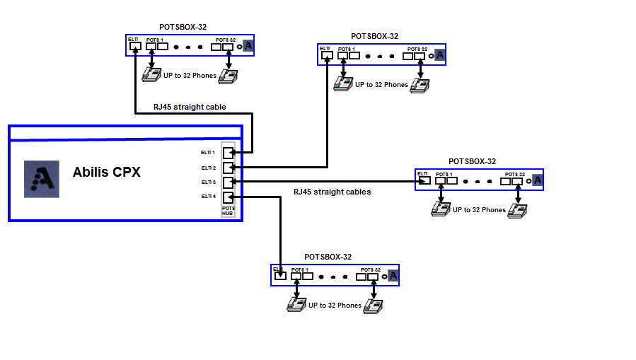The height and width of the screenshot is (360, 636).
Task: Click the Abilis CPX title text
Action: (x=106, y=172)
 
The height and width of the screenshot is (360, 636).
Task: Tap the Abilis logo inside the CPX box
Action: (x=41, y=178)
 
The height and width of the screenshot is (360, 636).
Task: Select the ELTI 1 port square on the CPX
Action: (x=228, y=153)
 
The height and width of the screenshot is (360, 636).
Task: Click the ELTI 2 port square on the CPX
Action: (x=228, y=168)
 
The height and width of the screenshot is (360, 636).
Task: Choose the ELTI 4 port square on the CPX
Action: (x=228, y=197)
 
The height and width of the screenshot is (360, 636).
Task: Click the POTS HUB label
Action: (x=228, y=210)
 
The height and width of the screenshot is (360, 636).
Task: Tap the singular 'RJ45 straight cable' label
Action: (x=190, y=108)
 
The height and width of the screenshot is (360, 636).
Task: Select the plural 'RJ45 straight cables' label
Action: (x=332, y=192)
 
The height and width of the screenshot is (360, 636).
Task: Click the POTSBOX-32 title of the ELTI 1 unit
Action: (x=183, y=27)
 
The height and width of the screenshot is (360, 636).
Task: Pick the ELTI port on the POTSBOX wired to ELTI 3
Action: (x=424, y=180)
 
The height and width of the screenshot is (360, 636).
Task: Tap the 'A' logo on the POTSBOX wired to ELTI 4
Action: (x=393, y=276)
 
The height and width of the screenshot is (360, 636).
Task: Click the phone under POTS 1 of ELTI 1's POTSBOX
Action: (x=151, y=74)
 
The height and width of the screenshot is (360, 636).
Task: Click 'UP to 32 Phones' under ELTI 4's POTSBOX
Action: (x=335, y=306)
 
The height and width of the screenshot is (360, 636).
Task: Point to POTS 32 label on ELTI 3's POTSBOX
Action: (x=515, y=174)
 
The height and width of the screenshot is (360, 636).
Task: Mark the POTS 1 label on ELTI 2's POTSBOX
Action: (x=347, y=49)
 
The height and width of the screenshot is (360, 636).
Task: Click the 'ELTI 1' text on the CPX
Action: (x=208, y=152)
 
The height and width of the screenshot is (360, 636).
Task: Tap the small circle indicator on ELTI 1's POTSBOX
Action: (x=239, y=47)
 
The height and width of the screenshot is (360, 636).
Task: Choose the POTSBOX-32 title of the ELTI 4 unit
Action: (x=328, y=257)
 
